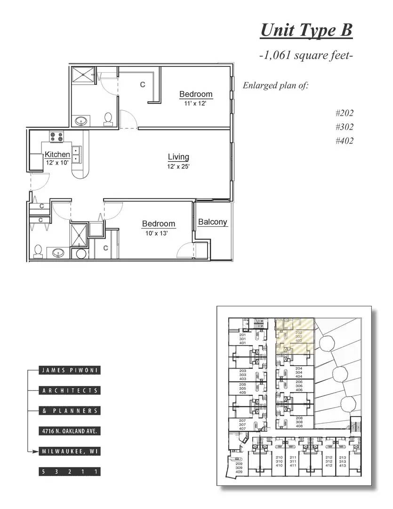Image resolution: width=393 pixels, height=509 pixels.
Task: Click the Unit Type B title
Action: point(306,30)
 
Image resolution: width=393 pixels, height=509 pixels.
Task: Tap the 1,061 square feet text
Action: point(306,56)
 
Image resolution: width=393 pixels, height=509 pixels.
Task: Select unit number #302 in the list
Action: point(345,127)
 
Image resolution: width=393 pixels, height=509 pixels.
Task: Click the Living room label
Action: point(178,157)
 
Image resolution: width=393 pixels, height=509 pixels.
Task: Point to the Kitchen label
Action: point(57,154)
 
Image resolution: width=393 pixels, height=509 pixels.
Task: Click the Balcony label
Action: point(212,222)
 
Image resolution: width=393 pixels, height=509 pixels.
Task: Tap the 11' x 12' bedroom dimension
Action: point(195,103)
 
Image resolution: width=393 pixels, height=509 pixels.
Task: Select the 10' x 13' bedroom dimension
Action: point(159,233)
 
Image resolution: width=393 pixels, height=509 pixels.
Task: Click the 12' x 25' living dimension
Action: point(178,166)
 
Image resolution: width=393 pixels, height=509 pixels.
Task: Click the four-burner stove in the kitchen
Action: point(57,137)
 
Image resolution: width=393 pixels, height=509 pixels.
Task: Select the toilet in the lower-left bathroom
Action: point(39,251)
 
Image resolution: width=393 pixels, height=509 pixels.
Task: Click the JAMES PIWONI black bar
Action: point(70,370)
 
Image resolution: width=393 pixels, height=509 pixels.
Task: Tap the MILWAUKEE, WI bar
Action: point(70,452)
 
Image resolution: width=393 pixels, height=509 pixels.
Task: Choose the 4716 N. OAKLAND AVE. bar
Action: point(70,431)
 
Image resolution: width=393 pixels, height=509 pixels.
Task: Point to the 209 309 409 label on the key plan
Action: point(239,468)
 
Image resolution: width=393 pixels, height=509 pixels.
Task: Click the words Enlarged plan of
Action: point(275,86)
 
